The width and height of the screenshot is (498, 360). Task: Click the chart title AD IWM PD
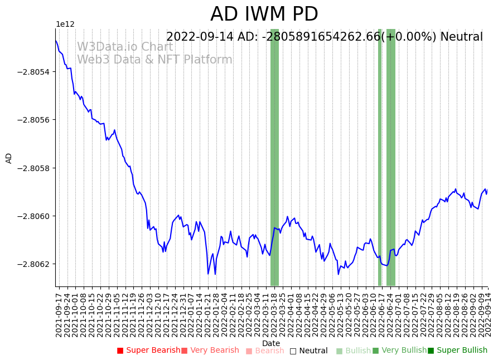click(264, 14)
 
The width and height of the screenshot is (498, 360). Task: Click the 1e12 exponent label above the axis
click(65, 24)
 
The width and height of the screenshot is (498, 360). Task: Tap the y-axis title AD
click(9, 158)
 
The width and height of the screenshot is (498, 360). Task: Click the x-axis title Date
click(271, 343)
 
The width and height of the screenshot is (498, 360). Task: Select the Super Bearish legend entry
click(148, 351)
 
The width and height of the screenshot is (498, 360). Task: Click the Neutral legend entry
click(308, 351)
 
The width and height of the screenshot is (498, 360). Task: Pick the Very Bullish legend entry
click(396, 351)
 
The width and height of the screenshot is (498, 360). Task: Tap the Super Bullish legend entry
click(457, 351)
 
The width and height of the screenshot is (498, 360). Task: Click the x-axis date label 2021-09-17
click(59, 313)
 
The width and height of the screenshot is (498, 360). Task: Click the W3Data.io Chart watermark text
click(125, 47)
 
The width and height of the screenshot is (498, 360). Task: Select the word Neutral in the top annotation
click(461, 37)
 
